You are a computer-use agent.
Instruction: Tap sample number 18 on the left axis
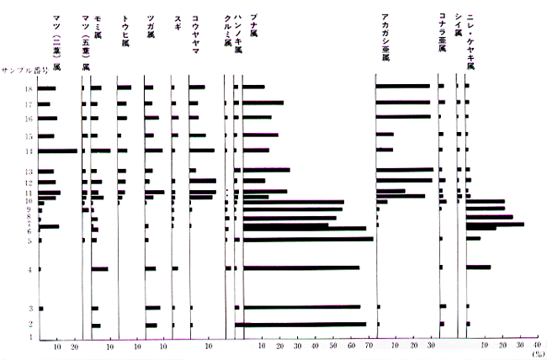[29, 87]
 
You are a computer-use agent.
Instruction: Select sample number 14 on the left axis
[29, 151]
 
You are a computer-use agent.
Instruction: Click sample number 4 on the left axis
[29, 270]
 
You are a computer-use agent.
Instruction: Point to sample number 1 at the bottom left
[29, 336]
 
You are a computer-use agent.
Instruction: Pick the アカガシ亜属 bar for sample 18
[402, 87]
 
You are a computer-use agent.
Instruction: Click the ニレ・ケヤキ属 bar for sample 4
[477, 267]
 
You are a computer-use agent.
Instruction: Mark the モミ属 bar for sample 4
[98, 269]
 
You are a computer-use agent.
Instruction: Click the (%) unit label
[537, 353]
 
